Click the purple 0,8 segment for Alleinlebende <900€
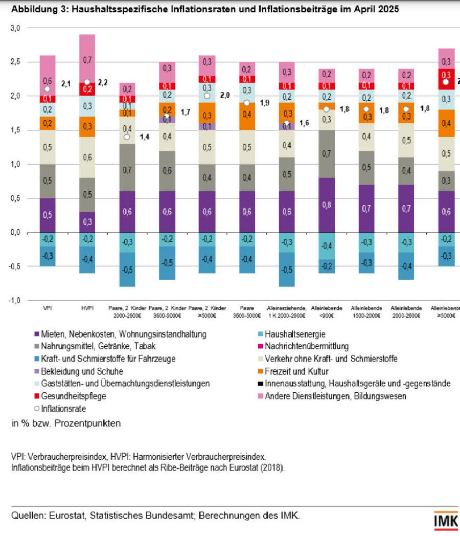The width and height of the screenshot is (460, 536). click(x=327, y=205)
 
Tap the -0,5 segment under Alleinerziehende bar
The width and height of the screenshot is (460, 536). click(x=287, y=270)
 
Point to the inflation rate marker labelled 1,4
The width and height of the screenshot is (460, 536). click(x=127, y=137)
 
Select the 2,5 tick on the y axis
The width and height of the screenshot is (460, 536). click(x=16, y=62)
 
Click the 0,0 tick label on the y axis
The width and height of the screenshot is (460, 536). click(x=16, y=233)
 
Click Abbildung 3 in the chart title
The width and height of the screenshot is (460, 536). click(x=39, y=9)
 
